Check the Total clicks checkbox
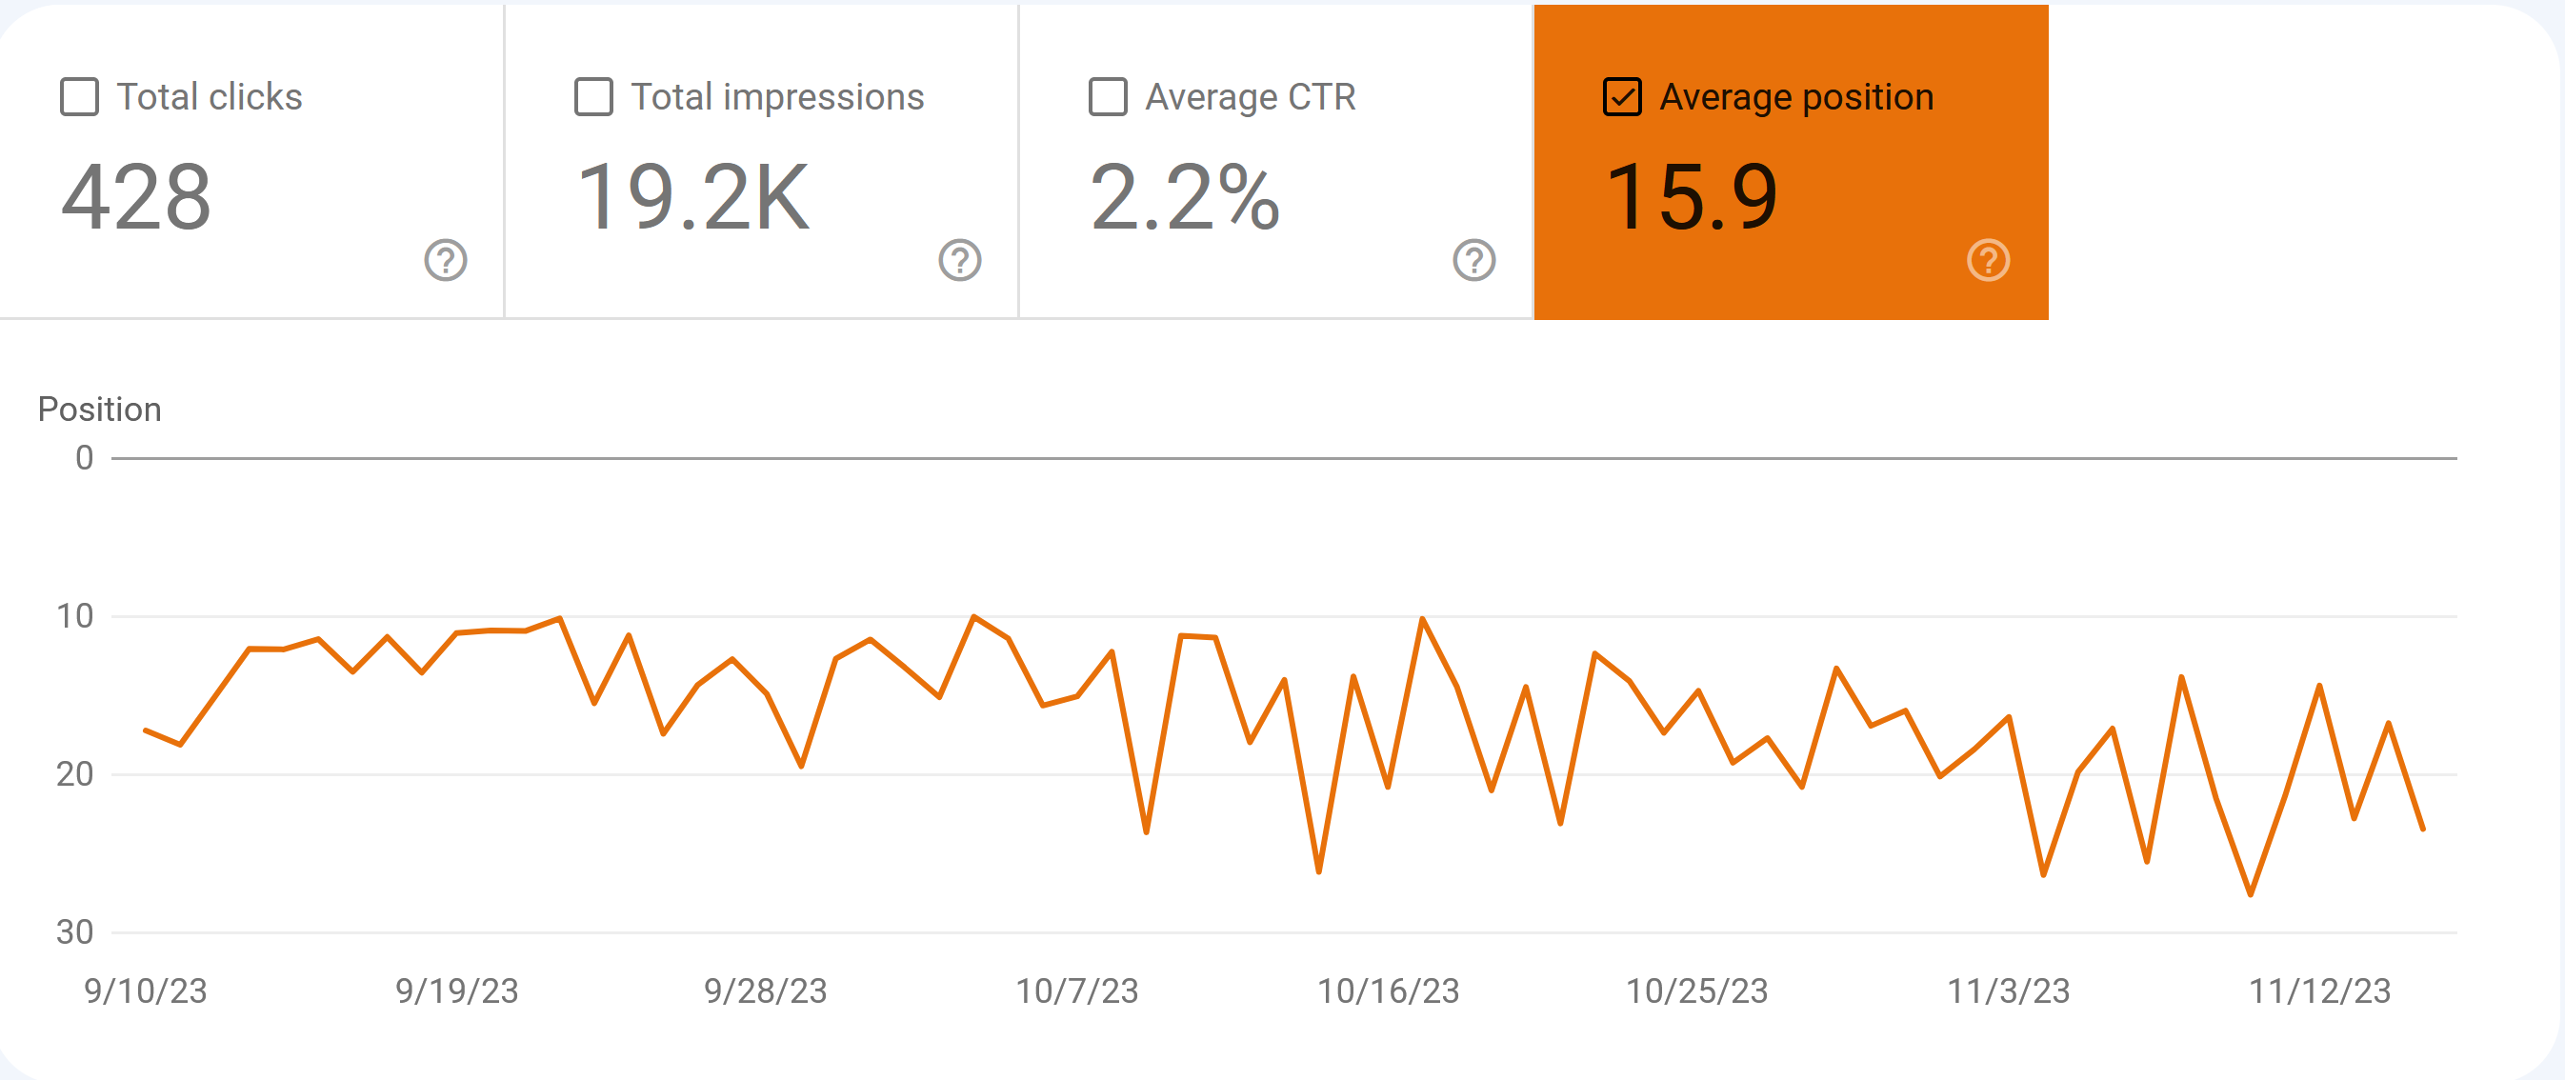tap(80, 97)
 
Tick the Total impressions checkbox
tap(593, 97)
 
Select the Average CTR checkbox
tap(1108, 97)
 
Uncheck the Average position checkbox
tap(1622, 97)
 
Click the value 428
tap(136, 197)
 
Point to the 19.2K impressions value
tap(693, 197)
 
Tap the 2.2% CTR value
tap(1184, 197)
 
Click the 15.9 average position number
tap(1692, 197)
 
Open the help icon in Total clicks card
tap(446, 261)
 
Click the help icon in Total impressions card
tap(960, 261)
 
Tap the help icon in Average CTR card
tap(1474, 261)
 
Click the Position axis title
tap(100, 410)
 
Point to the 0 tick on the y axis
tap(85, 458)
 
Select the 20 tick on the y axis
tap(74, 774)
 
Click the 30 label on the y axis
tap(74, 932)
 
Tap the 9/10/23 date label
tap(146, 991)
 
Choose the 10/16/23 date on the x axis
tap(1388, 991)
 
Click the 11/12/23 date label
tap(2320, 991)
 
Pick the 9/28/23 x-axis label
tap(766, 991)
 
